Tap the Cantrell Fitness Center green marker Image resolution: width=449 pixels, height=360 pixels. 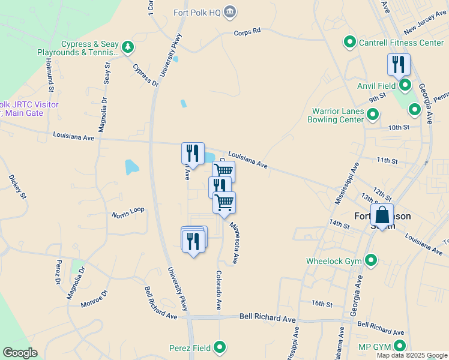click(x=349, y=43)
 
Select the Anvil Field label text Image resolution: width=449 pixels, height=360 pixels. click(x=377, y=86)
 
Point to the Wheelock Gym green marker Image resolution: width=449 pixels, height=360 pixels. click(x=371, y=260)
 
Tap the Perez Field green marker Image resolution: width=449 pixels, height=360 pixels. click(x=220, y=347)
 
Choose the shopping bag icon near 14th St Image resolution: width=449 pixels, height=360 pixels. click(x=382, y=215)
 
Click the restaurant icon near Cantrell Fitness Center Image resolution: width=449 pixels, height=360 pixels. click(x=399, y=64)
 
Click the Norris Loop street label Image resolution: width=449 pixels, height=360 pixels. click(x=128, y=212)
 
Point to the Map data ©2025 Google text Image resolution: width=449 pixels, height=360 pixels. click(x=411, y=355)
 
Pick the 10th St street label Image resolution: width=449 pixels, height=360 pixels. click(x=398, y=127)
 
